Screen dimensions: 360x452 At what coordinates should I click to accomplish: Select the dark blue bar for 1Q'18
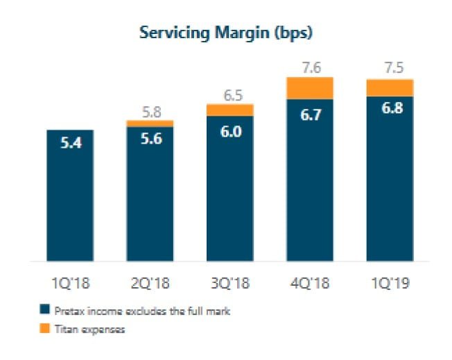70,201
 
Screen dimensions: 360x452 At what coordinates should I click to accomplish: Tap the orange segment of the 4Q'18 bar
310,88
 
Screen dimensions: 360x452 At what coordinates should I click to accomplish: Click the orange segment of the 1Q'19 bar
390,87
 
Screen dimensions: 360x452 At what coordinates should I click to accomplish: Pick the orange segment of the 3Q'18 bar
229,110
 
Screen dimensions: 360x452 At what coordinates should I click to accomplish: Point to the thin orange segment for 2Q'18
150,123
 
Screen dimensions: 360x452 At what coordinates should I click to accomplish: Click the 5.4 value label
70,147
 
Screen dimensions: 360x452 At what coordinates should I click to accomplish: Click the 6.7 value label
310,115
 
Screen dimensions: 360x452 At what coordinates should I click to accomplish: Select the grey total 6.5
229,92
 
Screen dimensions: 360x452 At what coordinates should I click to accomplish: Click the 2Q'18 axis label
150,283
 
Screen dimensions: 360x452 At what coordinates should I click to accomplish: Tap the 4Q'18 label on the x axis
310,283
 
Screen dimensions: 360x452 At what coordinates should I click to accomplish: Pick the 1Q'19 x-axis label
390,283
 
